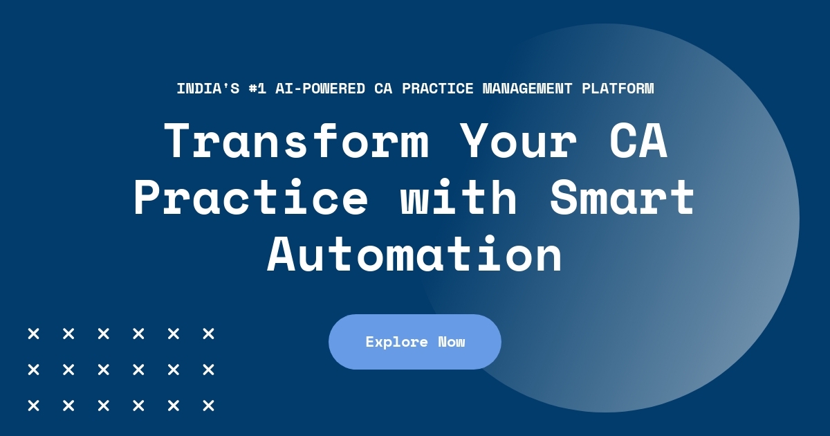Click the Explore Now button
414,341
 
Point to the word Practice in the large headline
251,198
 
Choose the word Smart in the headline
622,198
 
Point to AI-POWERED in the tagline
320,89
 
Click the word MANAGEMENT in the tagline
528,89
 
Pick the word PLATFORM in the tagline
618,89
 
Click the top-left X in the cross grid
33,334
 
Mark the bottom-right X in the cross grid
208,406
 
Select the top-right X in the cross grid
208,334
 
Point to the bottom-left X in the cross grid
33,406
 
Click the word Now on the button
452,342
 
